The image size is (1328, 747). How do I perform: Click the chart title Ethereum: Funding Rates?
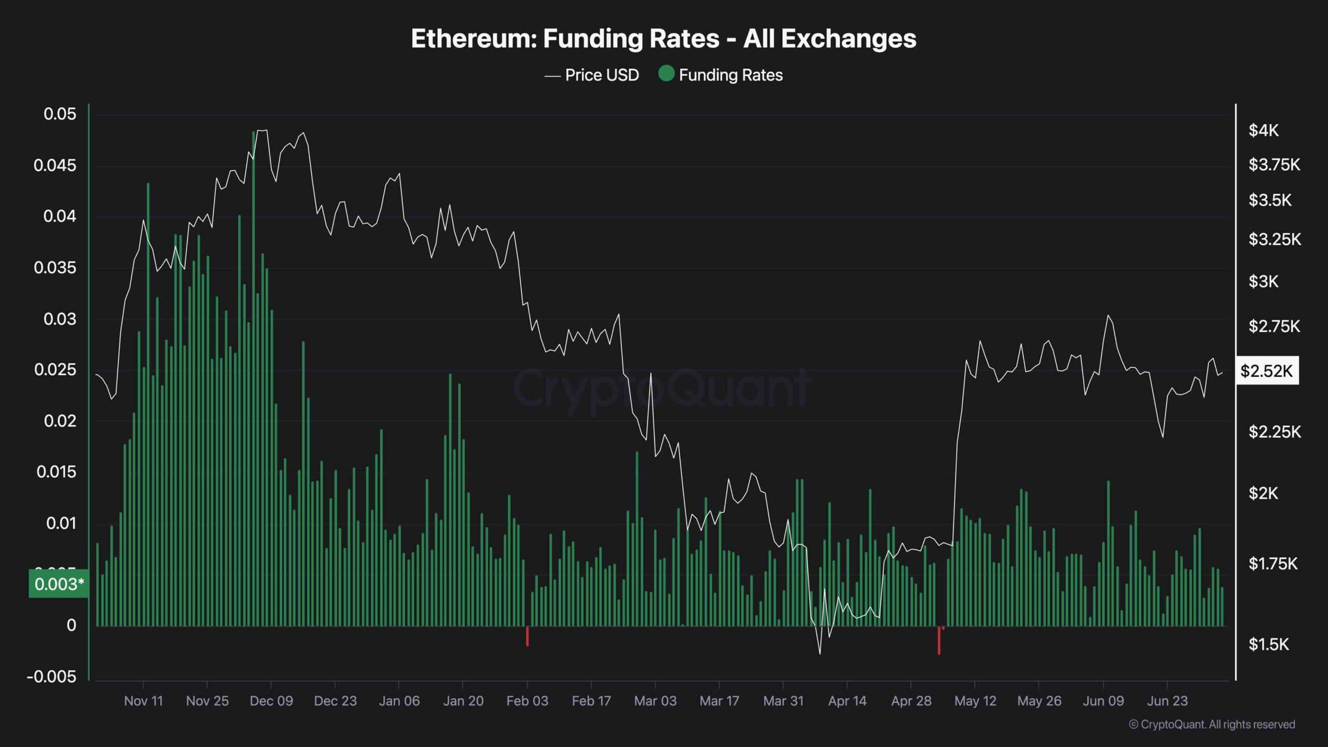pos(663,38)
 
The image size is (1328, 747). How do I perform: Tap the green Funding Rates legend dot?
pos(666,74)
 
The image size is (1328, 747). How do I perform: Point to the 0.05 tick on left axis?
pos(60,114)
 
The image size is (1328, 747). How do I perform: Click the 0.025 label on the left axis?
pos(55,370)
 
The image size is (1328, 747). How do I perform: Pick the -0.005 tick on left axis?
pos(51,676)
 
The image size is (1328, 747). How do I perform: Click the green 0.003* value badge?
pos(59,584)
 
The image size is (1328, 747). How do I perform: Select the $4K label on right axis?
pos(1264,131)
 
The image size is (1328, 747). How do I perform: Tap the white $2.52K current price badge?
pos(1267,371)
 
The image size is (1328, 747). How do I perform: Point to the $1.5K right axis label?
pos(1268,644)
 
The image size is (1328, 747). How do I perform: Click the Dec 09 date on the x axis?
pos(271,701)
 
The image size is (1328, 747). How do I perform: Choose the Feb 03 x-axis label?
pos(527,701)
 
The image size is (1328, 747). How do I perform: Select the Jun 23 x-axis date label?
pos(1167,701)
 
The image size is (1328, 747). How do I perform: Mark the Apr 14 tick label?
pos(847,701)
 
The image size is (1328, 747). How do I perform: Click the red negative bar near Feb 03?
pos(527,636)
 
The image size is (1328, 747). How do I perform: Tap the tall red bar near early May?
pos(939,641)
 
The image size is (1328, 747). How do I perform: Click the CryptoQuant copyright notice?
pos(1212,724)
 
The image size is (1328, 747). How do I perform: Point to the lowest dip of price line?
pos(820,653)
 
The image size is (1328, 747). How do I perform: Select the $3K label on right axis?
pos(1264,282)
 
